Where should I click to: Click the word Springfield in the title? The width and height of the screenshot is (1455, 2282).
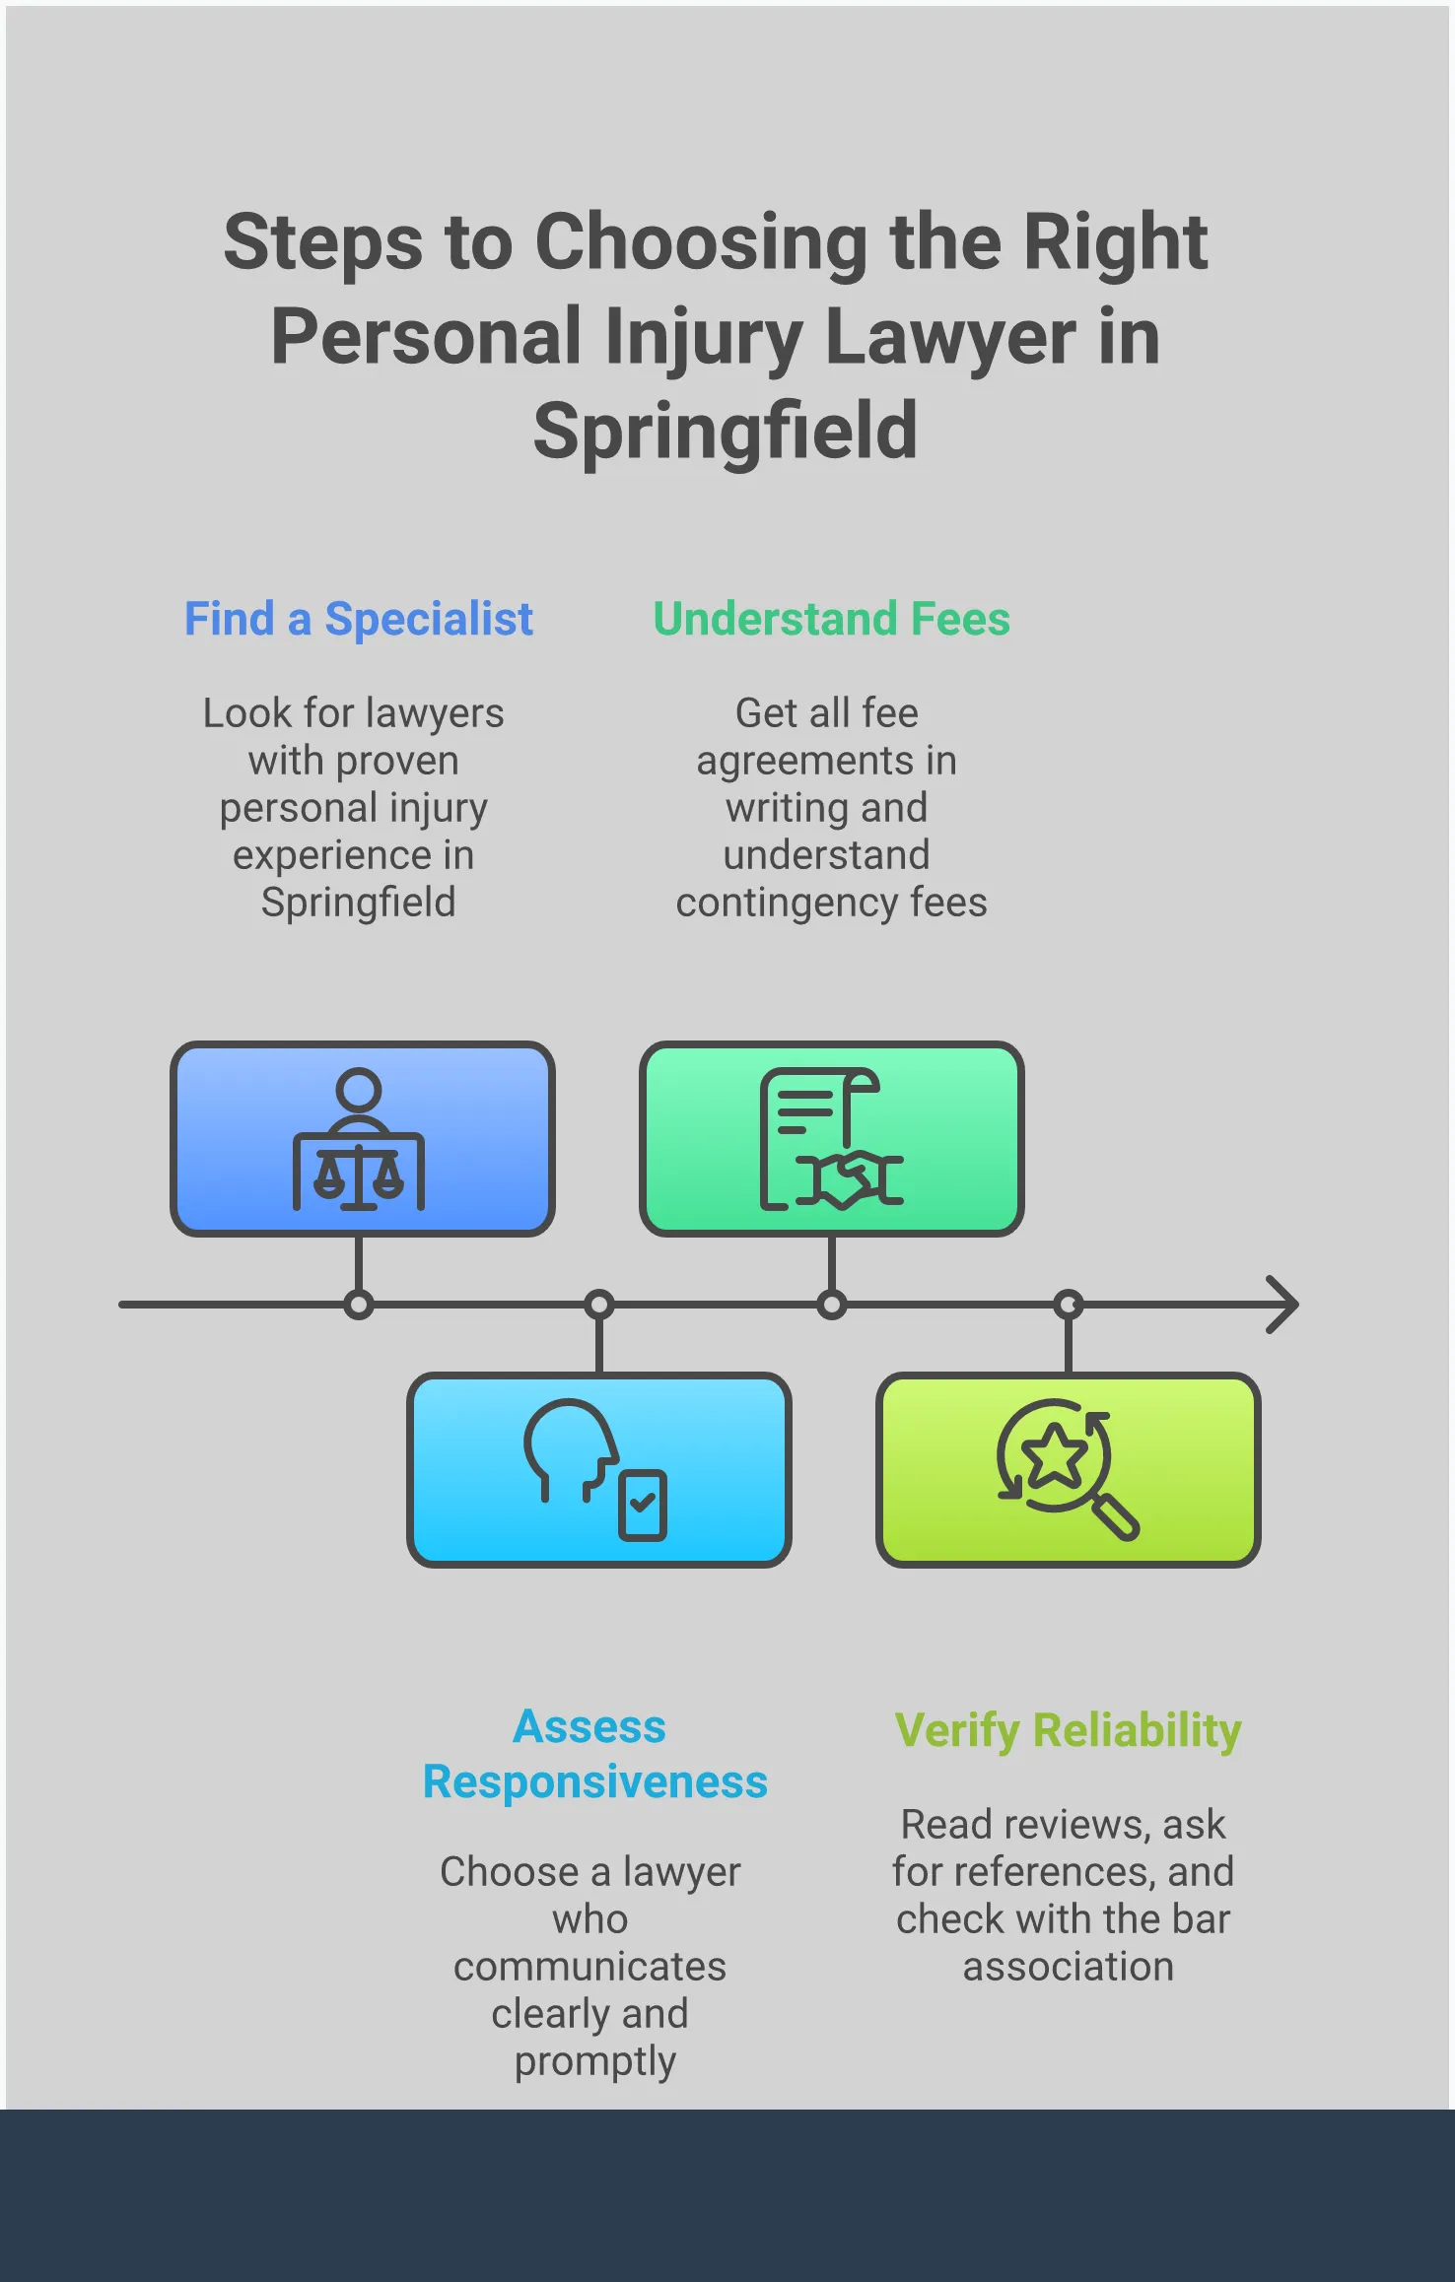[726, 432]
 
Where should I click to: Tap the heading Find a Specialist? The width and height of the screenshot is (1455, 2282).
[359, 620]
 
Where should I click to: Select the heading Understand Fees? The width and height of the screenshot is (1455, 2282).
[831, 620]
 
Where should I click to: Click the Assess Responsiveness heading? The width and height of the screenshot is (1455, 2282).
[594, 1755]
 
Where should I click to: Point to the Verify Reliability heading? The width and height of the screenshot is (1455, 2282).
[1068, 1731]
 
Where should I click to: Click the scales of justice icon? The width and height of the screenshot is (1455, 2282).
[359, 1140]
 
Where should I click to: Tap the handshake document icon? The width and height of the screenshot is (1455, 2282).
[831, 1140]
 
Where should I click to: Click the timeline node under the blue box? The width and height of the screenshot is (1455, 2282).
[359, 1306]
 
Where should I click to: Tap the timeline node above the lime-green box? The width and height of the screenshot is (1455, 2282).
[1069, 1306]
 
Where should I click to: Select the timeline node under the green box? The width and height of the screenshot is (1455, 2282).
[832, 1306]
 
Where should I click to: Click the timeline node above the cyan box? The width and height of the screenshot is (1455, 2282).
[599, 1306]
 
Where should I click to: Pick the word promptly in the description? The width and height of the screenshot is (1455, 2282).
[594, 2060]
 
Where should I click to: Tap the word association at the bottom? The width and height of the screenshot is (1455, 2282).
[1068, 1967]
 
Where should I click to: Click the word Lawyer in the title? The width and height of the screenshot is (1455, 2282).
[949, 338]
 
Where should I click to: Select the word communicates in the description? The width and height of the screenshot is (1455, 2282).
[589, 1967]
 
